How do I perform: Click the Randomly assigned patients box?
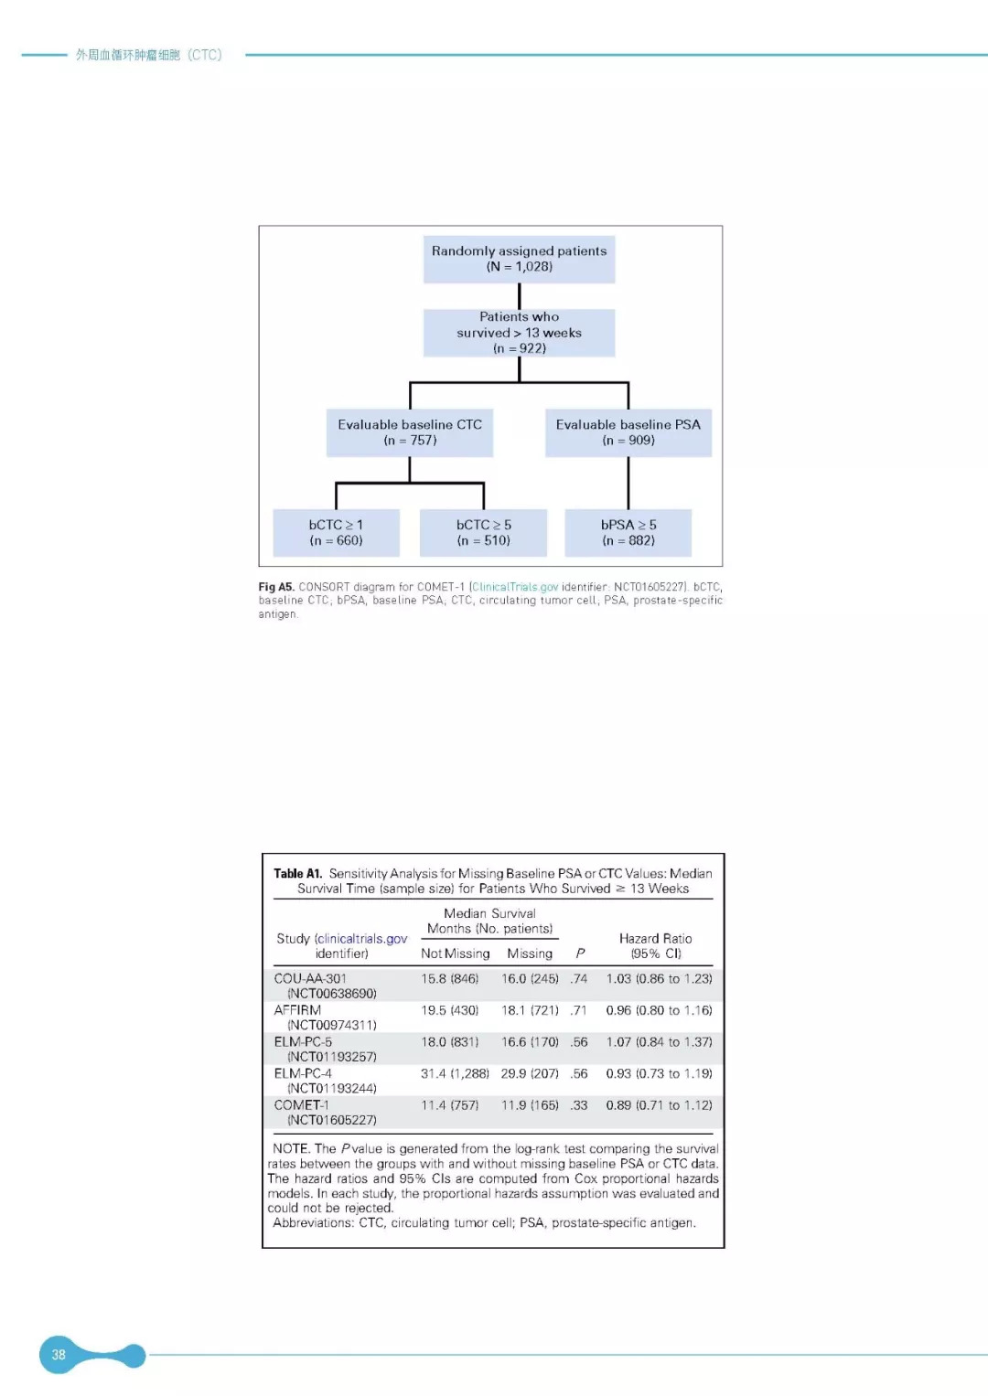(x=519, y=259)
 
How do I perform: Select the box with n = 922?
(x=519, y=333)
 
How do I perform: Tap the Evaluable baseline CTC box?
(x=410, y=432)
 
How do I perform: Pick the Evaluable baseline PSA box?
(x=628, y=432)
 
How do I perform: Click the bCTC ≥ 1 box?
(x=336, y=533)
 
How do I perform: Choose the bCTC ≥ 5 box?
(x=483, y=533)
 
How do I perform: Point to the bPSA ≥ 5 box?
(x=628, y=533)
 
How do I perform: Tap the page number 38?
(x=59, y=1355)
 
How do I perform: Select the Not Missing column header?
(x=455, y=954)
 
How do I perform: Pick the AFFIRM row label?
(x=297, y=1010)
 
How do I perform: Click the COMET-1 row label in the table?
(x=301, y=1105)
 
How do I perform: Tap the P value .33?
(x=579, y=1105)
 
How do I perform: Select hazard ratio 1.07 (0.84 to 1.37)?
(x=659, y=1042)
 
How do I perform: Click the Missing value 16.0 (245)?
(x=530, y=979)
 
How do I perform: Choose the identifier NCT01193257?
(x=332, y=1057)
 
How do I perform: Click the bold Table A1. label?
(x=298, y=874)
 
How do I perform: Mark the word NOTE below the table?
(x=291, y=1149)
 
